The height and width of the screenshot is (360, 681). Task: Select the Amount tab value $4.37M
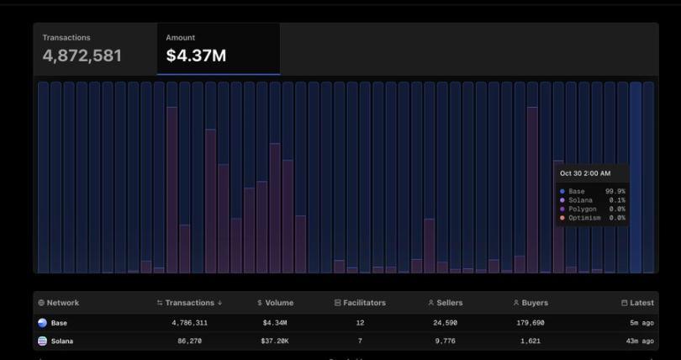tap(195, 56)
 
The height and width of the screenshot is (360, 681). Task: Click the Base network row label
tap(59, 323)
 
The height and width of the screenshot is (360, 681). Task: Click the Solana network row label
tap(61, 341)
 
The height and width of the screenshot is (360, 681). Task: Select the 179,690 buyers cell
tap(531, 323)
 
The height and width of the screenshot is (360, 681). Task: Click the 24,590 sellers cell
tap(445, 323)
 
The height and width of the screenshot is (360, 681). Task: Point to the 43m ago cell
tap(641, 341)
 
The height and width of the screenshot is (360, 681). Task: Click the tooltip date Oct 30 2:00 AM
tap(585, 173)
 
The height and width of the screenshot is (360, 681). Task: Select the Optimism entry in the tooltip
tap(584, 218)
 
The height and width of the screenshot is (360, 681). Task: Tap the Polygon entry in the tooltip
tap(583, 209)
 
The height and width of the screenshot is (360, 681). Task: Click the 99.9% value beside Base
tap(615, 192)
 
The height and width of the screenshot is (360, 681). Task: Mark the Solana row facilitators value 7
tap(360, 341)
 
